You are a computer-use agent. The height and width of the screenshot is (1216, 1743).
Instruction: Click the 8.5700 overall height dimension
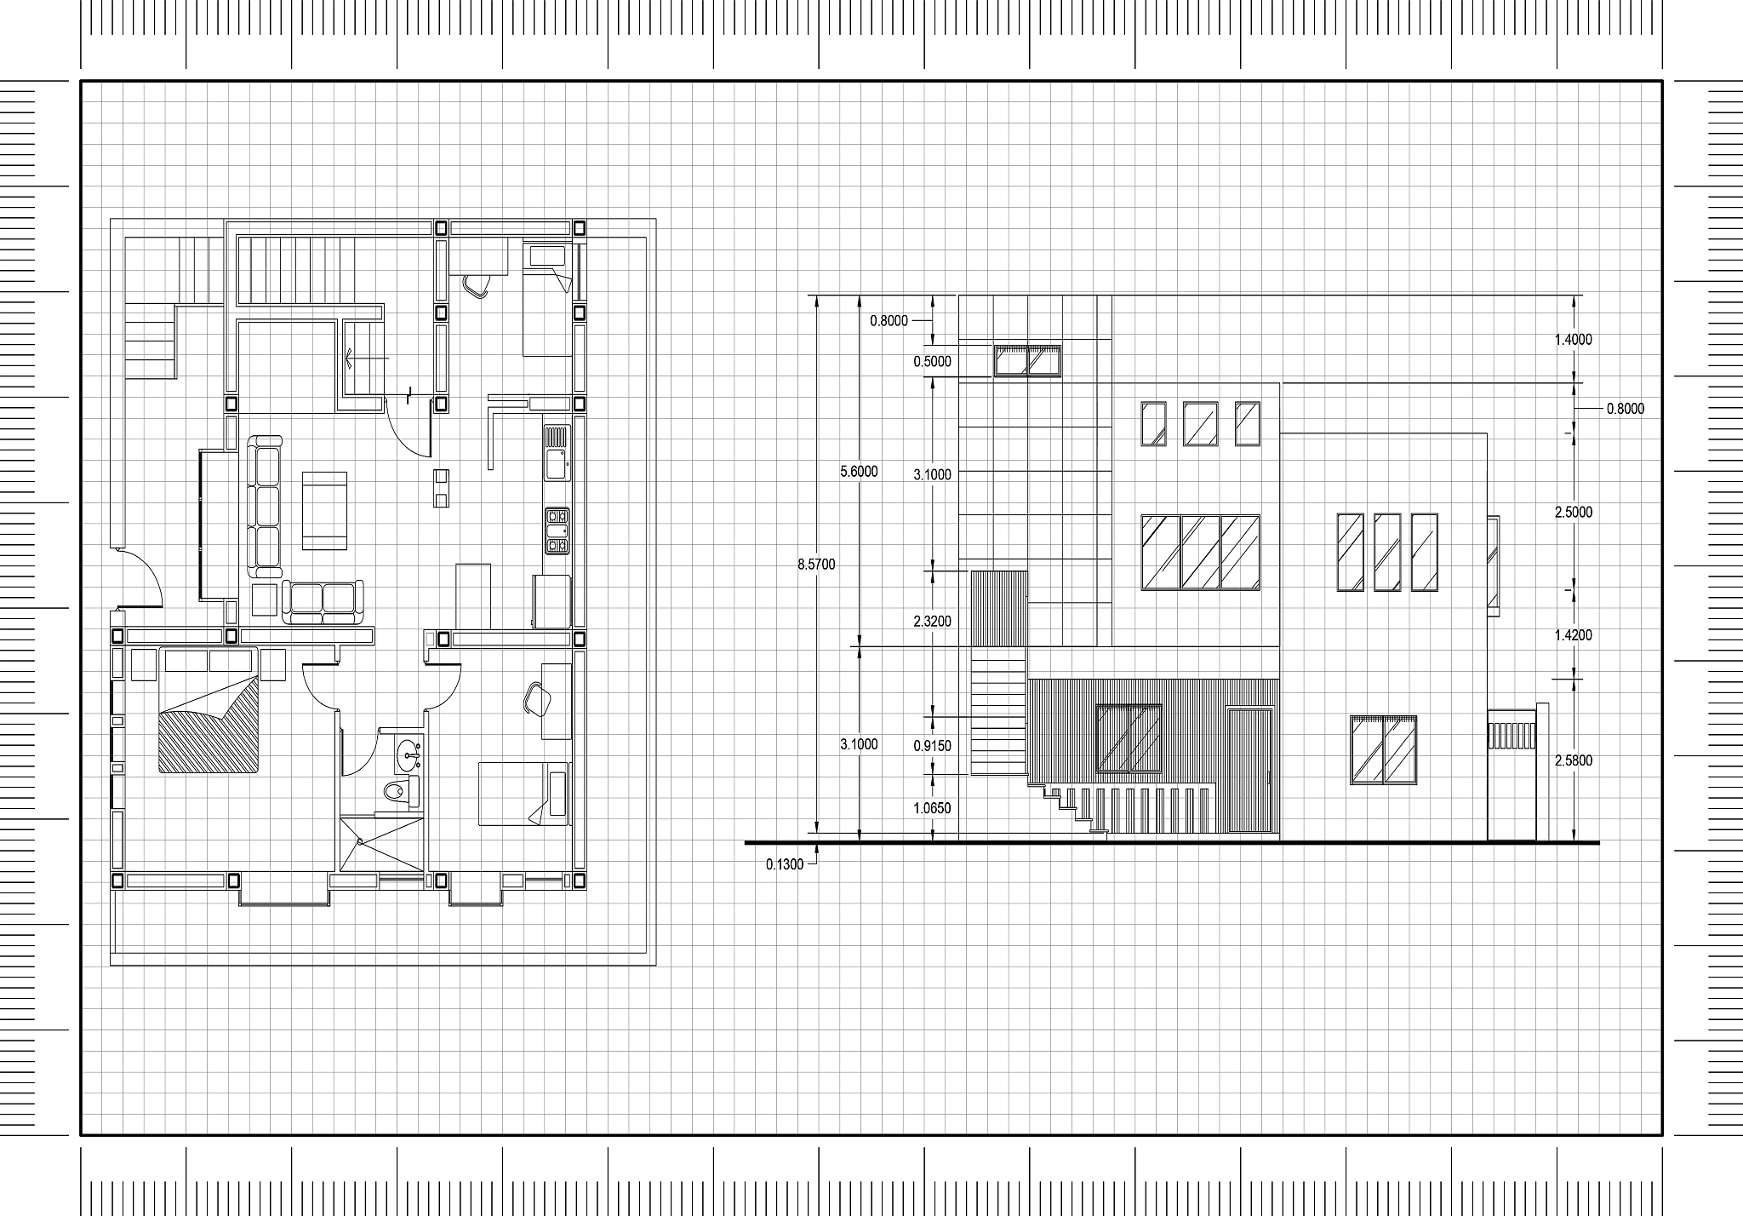pos(816,564)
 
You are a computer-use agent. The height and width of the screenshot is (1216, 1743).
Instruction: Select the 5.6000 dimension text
pos(859,471)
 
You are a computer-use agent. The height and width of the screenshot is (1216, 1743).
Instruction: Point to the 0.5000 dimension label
pos(932,361)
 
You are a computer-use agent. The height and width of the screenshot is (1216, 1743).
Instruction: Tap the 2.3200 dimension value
pos(932,622)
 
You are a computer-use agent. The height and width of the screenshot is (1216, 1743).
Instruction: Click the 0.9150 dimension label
pos(932,746)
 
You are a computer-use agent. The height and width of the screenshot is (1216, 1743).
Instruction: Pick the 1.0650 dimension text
pos(932,808)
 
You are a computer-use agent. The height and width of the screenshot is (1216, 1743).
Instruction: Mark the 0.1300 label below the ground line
pos(784,864)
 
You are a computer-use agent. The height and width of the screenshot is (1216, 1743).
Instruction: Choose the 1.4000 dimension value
pos(1573,340)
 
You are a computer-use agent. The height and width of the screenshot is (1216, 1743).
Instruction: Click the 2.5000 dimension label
pos(1573,513)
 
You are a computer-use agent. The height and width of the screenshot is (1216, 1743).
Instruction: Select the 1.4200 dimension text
pos(1573,635)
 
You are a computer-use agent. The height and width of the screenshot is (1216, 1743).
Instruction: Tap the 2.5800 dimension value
pos(1573,760)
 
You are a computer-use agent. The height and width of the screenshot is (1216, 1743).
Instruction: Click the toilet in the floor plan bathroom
pos(400,791)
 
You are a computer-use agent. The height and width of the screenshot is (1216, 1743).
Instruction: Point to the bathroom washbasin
pos(408,752)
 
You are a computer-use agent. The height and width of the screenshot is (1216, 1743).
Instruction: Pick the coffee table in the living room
pos(324,511)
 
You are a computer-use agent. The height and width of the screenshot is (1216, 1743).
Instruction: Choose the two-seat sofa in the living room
pos(323,602)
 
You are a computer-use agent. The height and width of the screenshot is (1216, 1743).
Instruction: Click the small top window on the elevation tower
pos(1028,360)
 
